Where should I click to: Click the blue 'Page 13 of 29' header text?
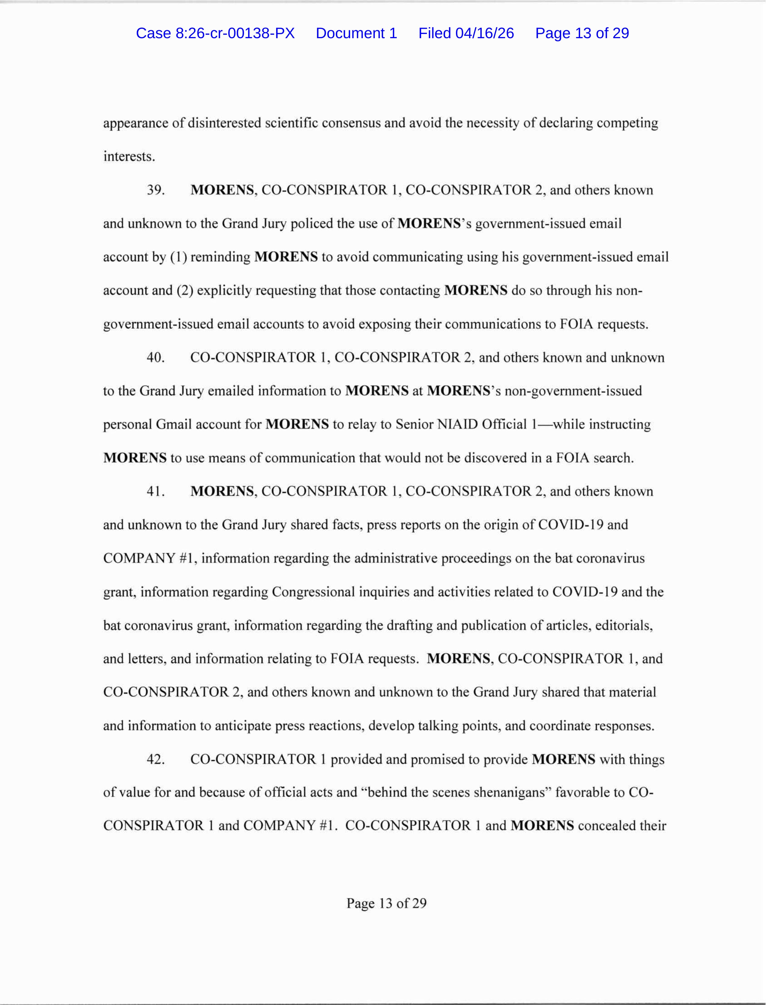(x=582, y=33)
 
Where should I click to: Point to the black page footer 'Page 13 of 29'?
(x=386, y=903)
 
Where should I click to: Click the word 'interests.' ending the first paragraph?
(x=129, y=156)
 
